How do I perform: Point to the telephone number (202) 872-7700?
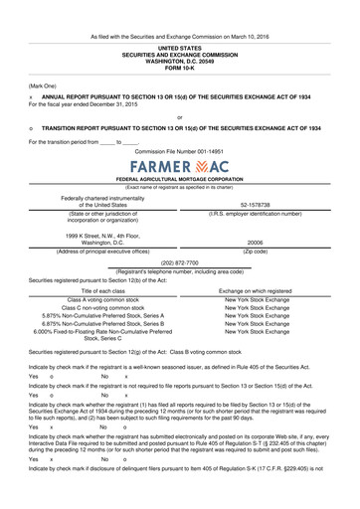point(180,263)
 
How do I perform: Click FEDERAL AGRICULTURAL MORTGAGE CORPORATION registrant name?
point(179,178)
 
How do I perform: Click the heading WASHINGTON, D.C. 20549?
point(179,60)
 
